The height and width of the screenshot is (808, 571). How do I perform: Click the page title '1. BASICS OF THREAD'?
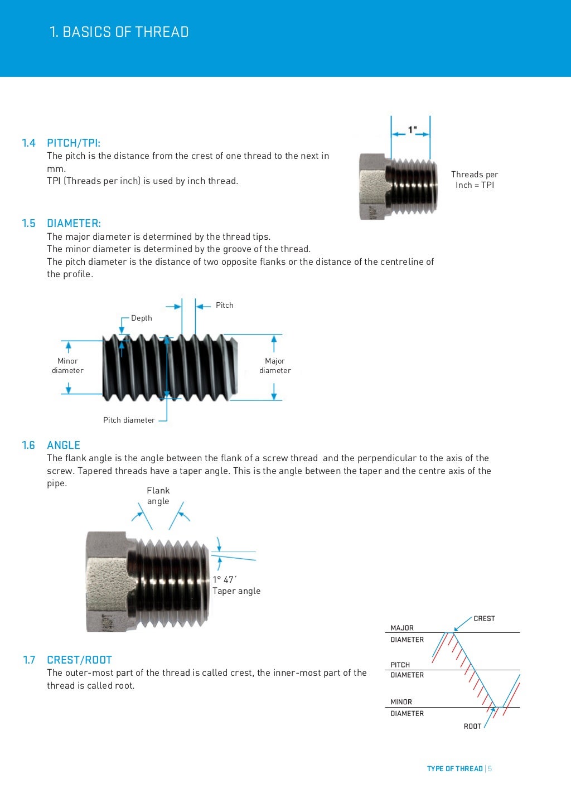[119, 32]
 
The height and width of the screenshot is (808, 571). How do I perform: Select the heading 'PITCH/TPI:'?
[74, 143]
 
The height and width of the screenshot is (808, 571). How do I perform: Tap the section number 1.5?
[28, 224]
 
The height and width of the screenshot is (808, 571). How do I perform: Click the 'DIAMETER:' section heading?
[74, 224]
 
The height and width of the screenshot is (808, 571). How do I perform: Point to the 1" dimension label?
[412, 130]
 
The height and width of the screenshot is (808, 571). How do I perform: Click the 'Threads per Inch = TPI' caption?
[475, 180]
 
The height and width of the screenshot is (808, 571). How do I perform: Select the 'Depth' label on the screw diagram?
[142, 318]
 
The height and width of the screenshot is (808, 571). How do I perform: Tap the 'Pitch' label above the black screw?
[225, 305]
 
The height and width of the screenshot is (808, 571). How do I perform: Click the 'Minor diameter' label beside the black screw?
[67, 366]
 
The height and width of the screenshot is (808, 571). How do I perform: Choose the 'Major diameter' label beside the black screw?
[275, 366]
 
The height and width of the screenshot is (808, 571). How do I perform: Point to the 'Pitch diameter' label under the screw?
[129, 420]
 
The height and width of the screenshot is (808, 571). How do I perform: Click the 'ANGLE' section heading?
[64, 445]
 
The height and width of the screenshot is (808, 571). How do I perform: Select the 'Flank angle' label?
[158, 496]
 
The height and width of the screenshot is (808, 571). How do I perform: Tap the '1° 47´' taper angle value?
[224, 579]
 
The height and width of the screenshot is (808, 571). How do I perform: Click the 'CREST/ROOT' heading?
[79, 660]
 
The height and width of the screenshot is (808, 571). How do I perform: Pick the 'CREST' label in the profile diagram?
[484, 618]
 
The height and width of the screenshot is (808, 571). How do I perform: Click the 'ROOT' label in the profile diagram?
[472, 726]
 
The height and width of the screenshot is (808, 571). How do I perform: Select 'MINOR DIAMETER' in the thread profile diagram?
[407, 708]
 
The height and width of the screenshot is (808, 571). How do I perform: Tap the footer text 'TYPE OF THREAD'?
[454, 768]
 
